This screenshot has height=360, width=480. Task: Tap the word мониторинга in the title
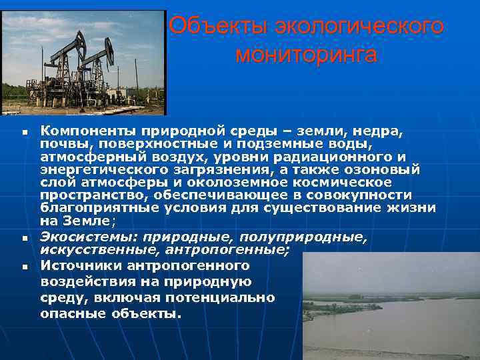[x=305, y=55]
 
